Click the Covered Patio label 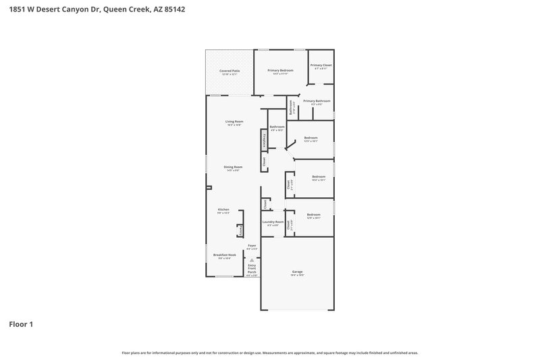[x=230, y=71]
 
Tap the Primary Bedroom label [x=280, y=71]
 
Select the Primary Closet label [x=321, y=66]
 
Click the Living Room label [x=234, y=122]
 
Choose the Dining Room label [x=234, y=168]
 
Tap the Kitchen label [x=223, y=210]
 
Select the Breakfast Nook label [x=223, y=255]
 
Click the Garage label [x=297, y=272]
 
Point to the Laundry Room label [x=273, y=222]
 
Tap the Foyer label [x=252, y=246]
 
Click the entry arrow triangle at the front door [x=252, y=259]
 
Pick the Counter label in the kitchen [x=240, y=230]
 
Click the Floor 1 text [x=21, y=324]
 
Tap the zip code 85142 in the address [x=173, y=10]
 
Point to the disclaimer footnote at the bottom [x=270, y=353]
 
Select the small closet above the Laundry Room [x=266, y=203]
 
